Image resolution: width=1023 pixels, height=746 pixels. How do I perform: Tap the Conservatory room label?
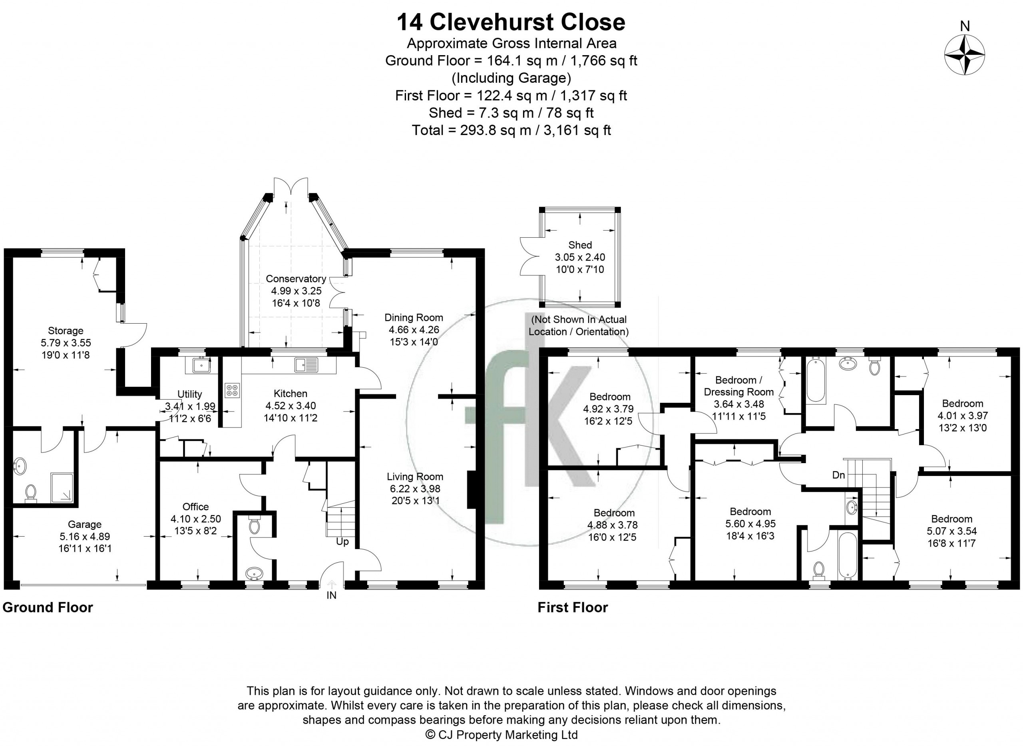point(296,279)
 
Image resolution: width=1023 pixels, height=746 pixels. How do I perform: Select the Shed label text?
point(580,245)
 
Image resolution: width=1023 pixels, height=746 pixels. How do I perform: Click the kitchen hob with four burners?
point(233,390)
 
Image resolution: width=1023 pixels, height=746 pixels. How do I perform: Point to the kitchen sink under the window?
point(306,364)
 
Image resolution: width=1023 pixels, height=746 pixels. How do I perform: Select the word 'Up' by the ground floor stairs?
point(342,541)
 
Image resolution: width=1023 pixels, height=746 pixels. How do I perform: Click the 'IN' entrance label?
point(332,596)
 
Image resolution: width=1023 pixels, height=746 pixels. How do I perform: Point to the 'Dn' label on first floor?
point(838,475)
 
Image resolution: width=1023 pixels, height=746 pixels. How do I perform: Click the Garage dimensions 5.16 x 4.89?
point(85,537)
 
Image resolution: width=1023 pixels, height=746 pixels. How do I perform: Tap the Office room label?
point(195,507)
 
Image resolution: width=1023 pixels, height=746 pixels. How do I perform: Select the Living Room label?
point(415,476)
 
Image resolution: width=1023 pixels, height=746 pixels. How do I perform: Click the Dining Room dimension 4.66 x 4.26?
point(414,330)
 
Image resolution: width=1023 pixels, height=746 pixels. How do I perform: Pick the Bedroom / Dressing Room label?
point(739,386)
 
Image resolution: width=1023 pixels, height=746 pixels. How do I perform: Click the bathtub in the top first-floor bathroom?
point(816,379)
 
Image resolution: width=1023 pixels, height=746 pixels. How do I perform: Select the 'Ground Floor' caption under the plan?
point(48,607)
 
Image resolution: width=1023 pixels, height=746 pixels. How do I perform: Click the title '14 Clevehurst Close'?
point(511,22)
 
